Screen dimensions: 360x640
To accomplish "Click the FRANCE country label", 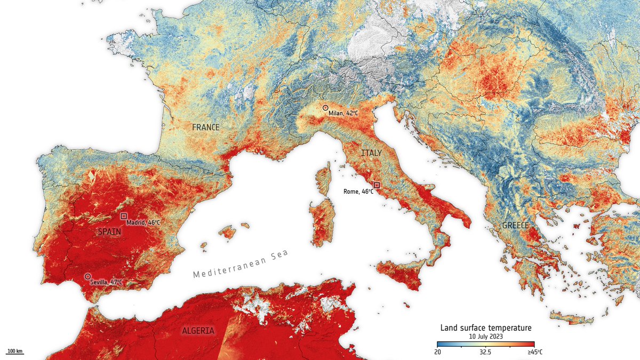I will tap(206, 127).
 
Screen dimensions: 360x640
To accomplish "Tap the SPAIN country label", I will tap(109, 232).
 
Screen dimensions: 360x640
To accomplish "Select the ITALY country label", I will tap(371, 153).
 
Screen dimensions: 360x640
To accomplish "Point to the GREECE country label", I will tap(516, 226).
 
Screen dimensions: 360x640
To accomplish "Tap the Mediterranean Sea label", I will tap(241, 264).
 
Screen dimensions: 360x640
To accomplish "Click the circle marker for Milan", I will tap(325, 108).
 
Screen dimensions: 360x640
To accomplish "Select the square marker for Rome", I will tap(377, 185).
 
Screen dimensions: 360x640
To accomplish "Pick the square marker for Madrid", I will tap(124, 216).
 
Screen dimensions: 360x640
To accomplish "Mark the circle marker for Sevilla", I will tap(87, 277).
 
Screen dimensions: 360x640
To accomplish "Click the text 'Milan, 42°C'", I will tap(343, 113).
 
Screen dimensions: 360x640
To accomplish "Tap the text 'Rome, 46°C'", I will tap(357, 191).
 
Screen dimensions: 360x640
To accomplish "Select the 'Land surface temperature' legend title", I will tap(485, 327).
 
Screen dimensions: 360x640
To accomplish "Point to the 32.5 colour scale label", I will tap(485, 352).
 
